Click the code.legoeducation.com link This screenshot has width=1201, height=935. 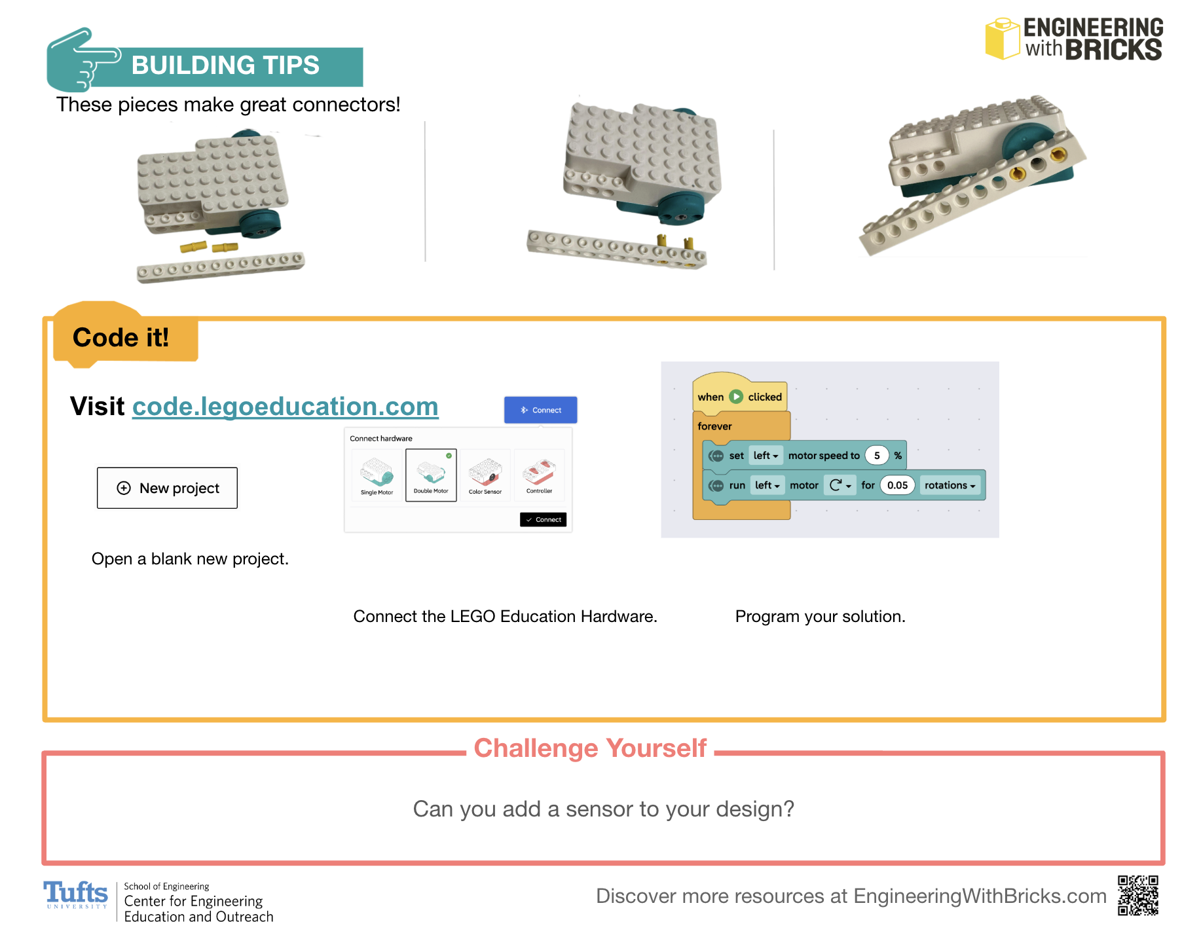coord(285,407)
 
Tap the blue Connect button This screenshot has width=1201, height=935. coord(540,410)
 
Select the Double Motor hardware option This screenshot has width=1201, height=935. coord(431,475)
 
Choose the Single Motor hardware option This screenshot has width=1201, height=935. coord(377,475)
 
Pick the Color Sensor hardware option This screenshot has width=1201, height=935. coord(485,475)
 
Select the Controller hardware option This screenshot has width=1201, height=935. coord(539,475)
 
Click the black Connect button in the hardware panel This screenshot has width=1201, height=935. coord(543,519)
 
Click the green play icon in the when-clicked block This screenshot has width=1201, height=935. coord(736,397)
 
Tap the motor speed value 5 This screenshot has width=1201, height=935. coord(877,456)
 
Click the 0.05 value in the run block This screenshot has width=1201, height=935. coord(897,485)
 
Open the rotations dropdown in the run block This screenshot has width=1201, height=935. coord(950,485)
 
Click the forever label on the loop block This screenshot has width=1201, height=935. coord(714,426)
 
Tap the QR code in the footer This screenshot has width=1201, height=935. coord(1138,895)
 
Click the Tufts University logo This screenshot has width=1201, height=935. coord(75,894)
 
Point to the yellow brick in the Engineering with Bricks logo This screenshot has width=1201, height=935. coord(1002,39)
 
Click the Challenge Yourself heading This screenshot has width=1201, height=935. coord(590,748)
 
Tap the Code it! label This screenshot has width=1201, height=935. coord(120,338)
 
